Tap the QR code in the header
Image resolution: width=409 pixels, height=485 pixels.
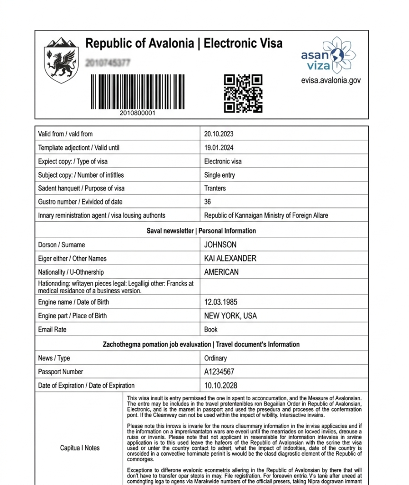[x=243, y=93]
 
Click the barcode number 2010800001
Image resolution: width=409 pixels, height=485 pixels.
[x=137, y=113]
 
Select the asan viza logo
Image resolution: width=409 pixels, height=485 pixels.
[x=328, y=56]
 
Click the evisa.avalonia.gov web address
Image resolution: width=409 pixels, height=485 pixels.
[x=330, y=81]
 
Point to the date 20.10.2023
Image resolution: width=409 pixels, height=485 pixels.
[x=218, y=134]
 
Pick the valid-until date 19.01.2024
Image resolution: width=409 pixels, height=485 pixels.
[x=218, y=148]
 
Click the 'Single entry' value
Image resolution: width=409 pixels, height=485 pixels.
[x=219, y=175]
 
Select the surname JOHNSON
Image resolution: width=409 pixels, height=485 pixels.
[x=220, y=245]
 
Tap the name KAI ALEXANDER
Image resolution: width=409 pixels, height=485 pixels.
[x=230, y=259]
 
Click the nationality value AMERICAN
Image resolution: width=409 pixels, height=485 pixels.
[x=221, y=272]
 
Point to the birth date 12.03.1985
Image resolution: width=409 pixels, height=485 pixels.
[x=220, y=302]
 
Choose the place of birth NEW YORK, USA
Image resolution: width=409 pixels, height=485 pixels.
[x=230, y=316]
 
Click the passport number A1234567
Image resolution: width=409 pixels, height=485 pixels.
[x=219, y=372]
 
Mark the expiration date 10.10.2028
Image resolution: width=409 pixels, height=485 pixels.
[x=220, y=386]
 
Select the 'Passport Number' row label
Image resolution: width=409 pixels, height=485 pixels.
[x=60, y=372]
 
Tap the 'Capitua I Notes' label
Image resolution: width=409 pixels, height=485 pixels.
[x=80, y=448]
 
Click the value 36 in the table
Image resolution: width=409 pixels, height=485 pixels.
[x=208, y=202]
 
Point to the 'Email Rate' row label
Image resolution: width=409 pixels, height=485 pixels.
[x=52, y=330]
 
